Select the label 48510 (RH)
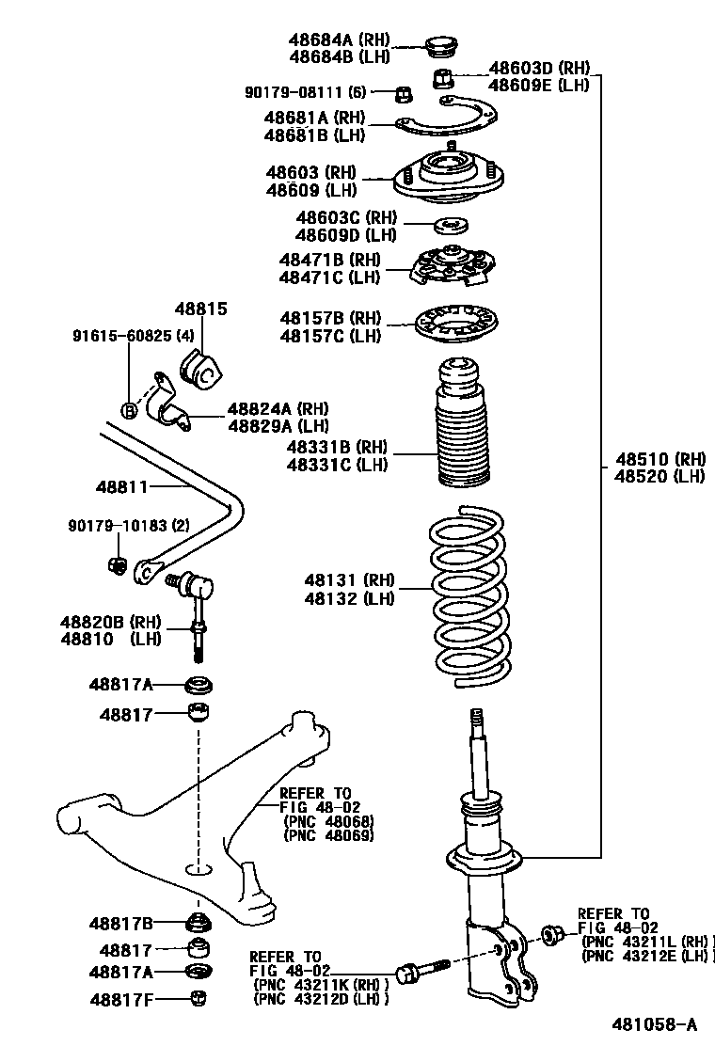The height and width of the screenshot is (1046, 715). pyautogui.click(x=660, y=459)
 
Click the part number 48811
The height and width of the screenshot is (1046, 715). pyautogui.click(x=121, y=486)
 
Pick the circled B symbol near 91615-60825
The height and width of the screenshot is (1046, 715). pyautogui.click(x=130, y=409)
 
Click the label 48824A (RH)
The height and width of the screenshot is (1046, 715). pyautogui.click(x=278, y=409)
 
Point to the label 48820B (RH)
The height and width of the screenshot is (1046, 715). pyautogui.click(x=111, y=622)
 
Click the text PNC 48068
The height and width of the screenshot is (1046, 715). pyautogui.click(x=328, y=821)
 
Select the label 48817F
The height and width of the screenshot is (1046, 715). pyautogui.click(x=120, y=998)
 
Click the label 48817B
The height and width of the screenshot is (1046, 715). pyautogui.click(x=120, y=924)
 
